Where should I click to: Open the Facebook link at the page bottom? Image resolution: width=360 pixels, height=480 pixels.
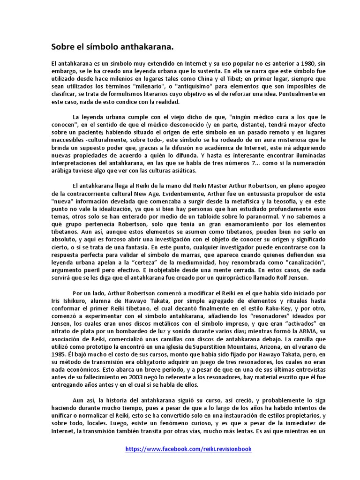point(188,449)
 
